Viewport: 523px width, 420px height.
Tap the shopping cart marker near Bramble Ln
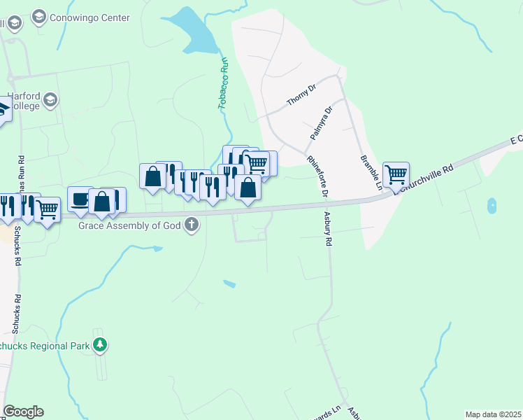(x=396, y=174)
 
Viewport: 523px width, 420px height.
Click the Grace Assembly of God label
(x=130, y=225)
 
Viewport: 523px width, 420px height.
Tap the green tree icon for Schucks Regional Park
(x=101, y=344)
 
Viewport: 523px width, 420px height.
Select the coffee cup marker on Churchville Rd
(x=80, y=198)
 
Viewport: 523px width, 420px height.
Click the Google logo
(x=23, y=412)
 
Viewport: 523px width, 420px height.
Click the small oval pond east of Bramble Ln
(x=492, y=206)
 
